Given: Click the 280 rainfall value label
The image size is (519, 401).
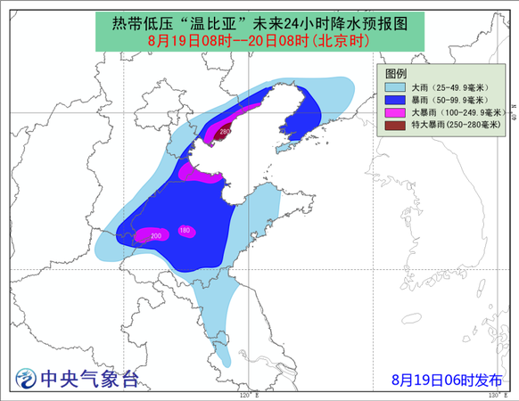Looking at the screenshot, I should point(225,132).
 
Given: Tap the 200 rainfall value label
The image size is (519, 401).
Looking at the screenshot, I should point(156,236).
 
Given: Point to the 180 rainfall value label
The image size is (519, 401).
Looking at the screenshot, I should point(185,231).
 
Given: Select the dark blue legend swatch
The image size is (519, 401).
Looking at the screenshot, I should point(393,101).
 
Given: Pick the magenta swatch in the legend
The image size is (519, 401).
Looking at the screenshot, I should point(393,113).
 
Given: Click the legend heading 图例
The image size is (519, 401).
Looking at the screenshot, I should point(397,73).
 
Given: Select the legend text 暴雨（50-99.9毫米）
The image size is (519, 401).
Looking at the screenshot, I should point(451,101).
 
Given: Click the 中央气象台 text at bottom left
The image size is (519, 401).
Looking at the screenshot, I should point(89,380).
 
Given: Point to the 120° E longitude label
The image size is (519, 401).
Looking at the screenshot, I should point(248,394).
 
